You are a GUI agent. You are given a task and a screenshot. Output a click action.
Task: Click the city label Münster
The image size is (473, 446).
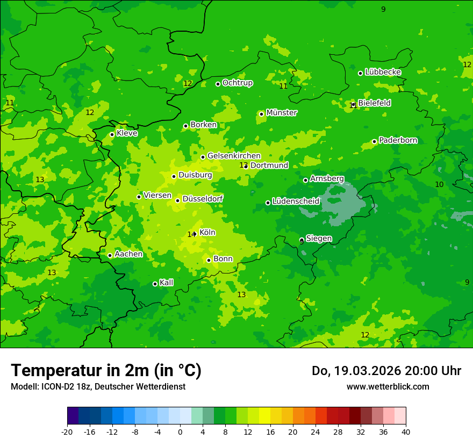pos(281,113)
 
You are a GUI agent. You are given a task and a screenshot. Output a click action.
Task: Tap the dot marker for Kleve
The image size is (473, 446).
pos(112,134)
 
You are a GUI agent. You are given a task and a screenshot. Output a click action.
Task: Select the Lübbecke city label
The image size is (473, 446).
pos(383,72)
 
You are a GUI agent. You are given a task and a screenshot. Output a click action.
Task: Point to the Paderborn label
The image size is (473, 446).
pos(398,140)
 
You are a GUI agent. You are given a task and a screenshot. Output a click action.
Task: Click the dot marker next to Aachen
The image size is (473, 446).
pos(110,255)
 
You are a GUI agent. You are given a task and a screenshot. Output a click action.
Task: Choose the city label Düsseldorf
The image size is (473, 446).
pos(203,199)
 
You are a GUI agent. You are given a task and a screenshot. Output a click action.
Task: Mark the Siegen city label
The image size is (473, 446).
pos(319,239)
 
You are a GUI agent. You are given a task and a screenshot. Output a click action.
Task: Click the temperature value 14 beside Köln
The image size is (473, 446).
pos(191,234)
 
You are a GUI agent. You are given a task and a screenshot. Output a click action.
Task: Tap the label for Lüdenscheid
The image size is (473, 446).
pos(296,202)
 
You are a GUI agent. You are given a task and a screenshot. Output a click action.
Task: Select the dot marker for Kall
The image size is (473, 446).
pos(155,284)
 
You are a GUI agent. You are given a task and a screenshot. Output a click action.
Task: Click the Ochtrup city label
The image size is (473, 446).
pos(237,83)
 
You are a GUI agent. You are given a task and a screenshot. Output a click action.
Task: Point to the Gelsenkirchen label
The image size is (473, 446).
pos(234,156)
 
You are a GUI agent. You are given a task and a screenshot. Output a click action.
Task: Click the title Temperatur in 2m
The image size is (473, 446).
pos(106,370)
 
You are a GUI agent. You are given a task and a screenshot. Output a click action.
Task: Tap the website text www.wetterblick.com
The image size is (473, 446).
pos(388,386)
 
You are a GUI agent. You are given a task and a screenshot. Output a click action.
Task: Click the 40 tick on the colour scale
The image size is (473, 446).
pos(406,431)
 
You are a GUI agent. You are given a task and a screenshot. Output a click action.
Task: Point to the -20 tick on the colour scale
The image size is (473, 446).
pos(67,431)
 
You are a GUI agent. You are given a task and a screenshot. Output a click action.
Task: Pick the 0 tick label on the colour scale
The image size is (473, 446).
pos(180,431)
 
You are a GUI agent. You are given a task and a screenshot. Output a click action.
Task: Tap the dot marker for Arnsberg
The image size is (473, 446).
pos(305,180)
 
